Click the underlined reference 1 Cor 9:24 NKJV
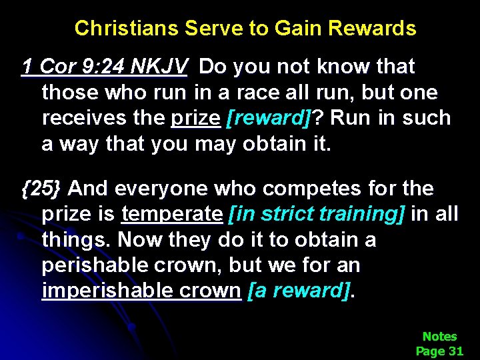(106, 67)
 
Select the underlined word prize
(195, 118)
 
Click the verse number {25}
(41, 189)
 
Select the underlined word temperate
(171, 215)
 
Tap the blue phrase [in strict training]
(316, 215)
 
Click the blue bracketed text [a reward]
(299, 291)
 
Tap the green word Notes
(439, 337)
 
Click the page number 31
(455, 351)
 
